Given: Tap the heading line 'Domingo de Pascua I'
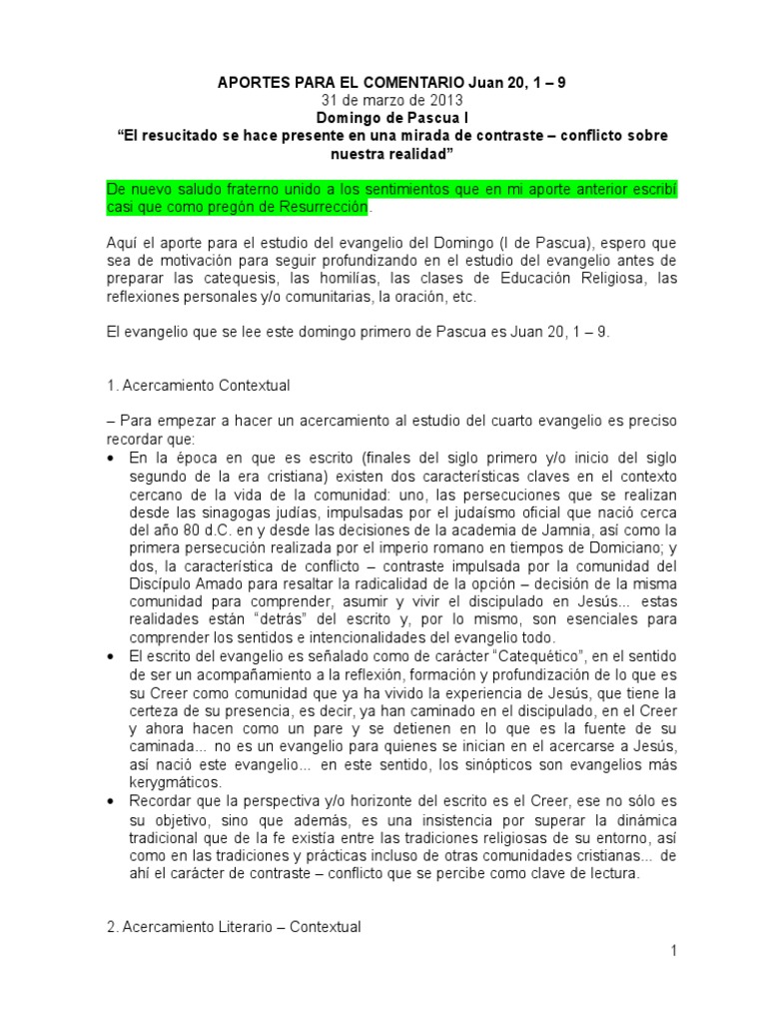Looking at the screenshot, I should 383,118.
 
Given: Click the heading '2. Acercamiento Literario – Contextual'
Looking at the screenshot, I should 233,927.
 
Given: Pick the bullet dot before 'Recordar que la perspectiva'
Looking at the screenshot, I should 108,801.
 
